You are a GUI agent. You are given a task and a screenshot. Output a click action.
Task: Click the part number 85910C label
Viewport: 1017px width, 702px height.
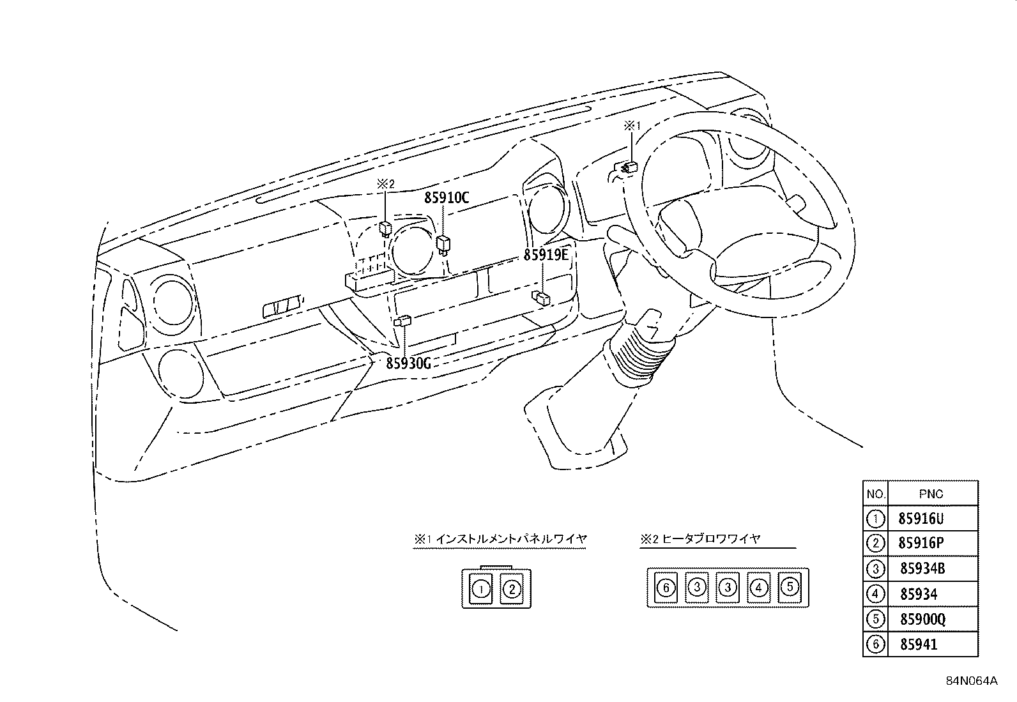[447, 197]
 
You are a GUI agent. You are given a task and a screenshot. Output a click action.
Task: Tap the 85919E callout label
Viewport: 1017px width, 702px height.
[546, 255]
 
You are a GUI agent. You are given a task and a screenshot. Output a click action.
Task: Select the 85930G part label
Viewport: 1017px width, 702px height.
[408, 363]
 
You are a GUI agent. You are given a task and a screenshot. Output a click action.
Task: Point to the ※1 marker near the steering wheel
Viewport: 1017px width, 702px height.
[632, 126]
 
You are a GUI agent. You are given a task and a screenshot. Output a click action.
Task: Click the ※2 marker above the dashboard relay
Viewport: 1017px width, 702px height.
[385, 184]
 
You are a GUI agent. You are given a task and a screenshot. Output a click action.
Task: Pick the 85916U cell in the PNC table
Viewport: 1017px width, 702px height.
[921, 519]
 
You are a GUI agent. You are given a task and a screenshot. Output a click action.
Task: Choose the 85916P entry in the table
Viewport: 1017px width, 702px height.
[921, 543]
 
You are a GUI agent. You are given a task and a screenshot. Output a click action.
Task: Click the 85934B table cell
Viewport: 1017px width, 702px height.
[922, 568]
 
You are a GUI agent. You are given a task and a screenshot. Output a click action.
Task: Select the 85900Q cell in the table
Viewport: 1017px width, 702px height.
[922, 619]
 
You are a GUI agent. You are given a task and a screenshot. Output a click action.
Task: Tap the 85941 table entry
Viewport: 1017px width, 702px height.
[919, 645]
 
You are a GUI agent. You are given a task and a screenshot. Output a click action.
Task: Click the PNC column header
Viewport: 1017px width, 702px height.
[931, 494]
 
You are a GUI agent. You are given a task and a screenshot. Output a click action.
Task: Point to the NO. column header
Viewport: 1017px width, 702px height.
[876, 494]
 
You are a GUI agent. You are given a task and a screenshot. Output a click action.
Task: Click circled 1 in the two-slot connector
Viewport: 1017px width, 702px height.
[481, 590]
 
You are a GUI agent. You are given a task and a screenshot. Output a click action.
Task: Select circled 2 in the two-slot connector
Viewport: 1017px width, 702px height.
[512, 590]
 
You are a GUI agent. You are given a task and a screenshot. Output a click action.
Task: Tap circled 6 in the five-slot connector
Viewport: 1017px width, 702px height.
[666, 588]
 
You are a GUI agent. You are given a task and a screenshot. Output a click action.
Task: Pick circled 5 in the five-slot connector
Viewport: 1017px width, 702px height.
[790, 587]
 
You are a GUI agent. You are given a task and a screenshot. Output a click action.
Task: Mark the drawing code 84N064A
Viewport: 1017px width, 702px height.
[972, 681]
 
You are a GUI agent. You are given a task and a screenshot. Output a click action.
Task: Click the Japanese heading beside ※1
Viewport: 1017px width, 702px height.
[512, 539]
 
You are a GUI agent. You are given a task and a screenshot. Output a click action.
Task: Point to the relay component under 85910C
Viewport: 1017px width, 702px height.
[443, 244]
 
